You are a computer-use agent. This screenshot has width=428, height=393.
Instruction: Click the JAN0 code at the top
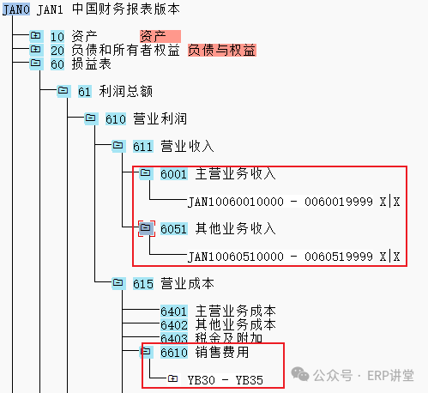[x=16, y=9]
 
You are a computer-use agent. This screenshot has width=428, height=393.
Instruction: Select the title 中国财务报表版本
[x=126, y=9]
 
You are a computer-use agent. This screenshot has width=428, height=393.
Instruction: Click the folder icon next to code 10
[x=36, y=36]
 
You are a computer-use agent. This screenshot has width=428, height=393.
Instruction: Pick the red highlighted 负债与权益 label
[x=221, y=50]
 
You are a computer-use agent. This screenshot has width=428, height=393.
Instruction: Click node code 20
[x=57, y=51]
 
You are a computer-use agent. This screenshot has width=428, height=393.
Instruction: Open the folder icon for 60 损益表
[x=36, y=63]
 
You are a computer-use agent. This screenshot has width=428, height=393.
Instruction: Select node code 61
[x=85, y=92]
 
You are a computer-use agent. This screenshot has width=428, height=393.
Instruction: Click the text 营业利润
[x=160, y=118]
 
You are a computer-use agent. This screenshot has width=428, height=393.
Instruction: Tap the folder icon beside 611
[x=118, y=146]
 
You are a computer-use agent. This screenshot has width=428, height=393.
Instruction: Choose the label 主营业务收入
[x=235, y=173]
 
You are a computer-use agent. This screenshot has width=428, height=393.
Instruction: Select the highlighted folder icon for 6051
[x=146, y=228]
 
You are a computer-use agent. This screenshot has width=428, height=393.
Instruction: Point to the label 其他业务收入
[x=235, y=228]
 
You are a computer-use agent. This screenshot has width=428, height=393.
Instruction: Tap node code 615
[x=143, y=284]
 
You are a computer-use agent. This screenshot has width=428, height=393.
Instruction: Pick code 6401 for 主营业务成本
[x=174, y=311]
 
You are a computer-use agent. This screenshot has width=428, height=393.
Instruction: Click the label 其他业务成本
[x=235, y=324]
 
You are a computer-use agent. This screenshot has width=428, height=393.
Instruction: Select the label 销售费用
[x=222, y=352]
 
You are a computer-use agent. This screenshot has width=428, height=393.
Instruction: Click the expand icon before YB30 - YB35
[x=172, y=379]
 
